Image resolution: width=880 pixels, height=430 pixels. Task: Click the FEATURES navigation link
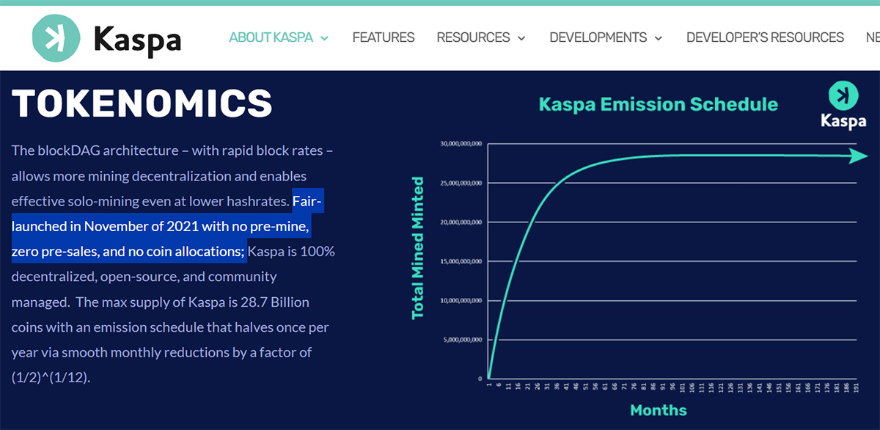pyautogui.click(x=384, y=37)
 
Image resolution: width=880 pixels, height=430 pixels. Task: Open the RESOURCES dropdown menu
pyautogui.click(x=481, y=37)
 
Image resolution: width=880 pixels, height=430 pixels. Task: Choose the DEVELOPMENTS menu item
pyautogui.click(x=606, y=37)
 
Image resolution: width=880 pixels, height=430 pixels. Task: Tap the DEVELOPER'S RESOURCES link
pyautogui.click(x=765, y=37)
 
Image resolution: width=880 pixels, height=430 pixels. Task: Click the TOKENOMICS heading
pyautogui.click(x=142, y=103)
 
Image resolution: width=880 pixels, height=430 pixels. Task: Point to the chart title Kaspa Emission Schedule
pyautogui.click(x=658, y=104)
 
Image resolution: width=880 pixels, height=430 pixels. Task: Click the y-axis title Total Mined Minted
pyautogui.click(x=418, y=247)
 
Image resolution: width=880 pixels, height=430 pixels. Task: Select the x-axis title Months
pyautogui.click(x=658, y=409)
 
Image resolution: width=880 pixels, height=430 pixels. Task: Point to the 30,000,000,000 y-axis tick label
pyautogui.click(x=461, y=144)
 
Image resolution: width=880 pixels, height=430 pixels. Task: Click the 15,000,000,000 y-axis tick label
pyautogui.click(x=461, y=261)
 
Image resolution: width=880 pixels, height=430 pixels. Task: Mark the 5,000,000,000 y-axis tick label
pyautogui.click(x=461, y=340)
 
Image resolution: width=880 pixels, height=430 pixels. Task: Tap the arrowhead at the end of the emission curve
pyautogui.click(x=858, y=156)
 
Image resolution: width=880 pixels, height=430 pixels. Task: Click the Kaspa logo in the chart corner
pyautogui.click(x=843, y=105)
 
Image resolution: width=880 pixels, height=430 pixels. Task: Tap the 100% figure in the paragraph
pyautogui.click(x=318, y=252)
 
